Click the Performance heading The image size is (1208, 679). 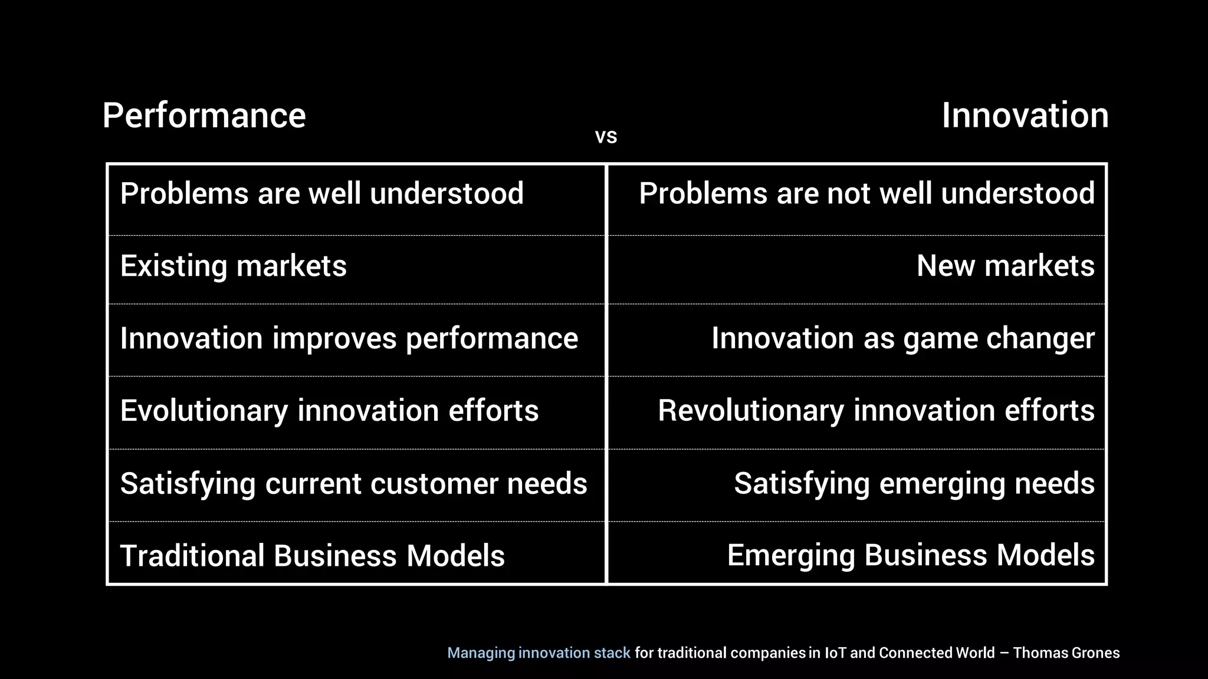coord(204,116)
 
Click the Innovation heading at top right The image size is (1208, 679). coord(1025,116)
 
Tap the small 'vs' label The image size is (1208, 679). coord(606,137)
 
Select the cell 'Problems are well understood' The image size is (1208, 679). coord(321,194)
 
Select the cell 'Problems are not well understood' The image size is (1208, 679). coord(866,194)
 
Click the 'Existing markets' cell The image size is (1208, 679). coord(233,266)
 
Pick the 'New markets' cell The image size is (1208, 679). coord(1005,266)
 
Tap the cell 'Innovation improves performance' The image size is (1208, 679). coord(349,339)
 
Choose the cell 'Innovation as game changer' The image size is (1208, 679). coord(902,339)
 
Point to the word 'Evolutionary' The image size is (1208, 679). coord(203,411)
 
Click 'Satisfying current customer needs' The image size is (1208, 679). coord(353,484)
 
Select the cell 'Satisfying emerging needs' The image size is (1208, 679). coord(914,484)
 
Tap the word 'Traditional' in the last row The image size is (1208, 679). coord(192,556)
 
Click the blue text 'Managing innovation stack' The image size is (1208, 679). coord(539,653)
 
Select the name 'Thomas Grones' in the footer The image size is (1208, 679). coord(1066,653)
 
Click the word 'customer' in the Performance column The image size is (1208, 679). coord(434,484)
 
